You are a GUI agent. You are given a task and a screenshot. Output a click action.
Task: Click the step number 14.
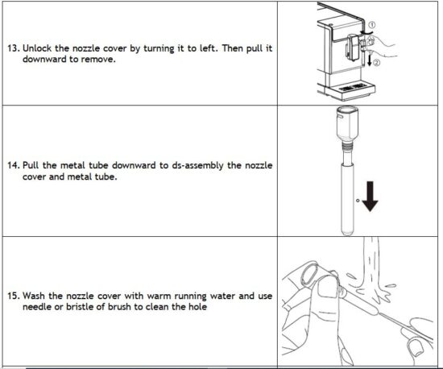coord(14,165)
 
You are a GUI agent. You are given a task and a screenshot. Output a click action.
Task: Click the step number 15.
coord(14,296)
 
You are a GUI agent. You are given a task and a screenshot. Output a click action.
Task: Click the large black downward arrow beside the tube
coord(369,198)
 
